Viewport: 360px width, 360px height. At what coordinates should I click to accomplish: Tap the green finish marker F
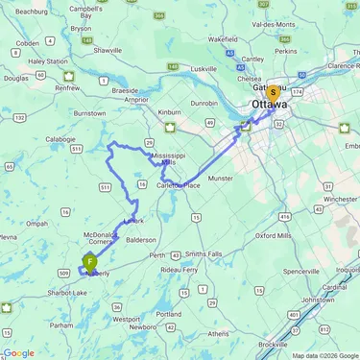(90, 261)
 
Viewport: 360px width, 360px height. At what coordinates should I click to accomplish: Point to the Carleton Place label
(179, 184)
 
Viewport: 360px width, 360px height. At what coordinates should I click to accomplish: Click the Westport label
(126, 319)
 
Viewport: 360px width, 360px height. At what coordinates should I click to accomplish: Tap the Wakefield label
(222, 39)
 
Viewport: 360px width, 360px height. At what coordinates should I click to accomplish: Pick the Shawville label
(107, 50)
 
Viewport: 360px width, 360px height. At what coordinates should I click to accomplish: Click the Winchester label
(339, 200)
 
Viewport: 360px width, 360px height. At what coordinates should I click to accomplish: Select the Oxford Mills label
(273, 234)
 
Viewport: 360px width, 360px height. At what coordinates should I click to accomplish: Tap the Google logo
(18, 352)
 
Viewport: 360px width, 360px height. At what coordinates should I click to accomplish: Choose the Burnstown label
(89, 112)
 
